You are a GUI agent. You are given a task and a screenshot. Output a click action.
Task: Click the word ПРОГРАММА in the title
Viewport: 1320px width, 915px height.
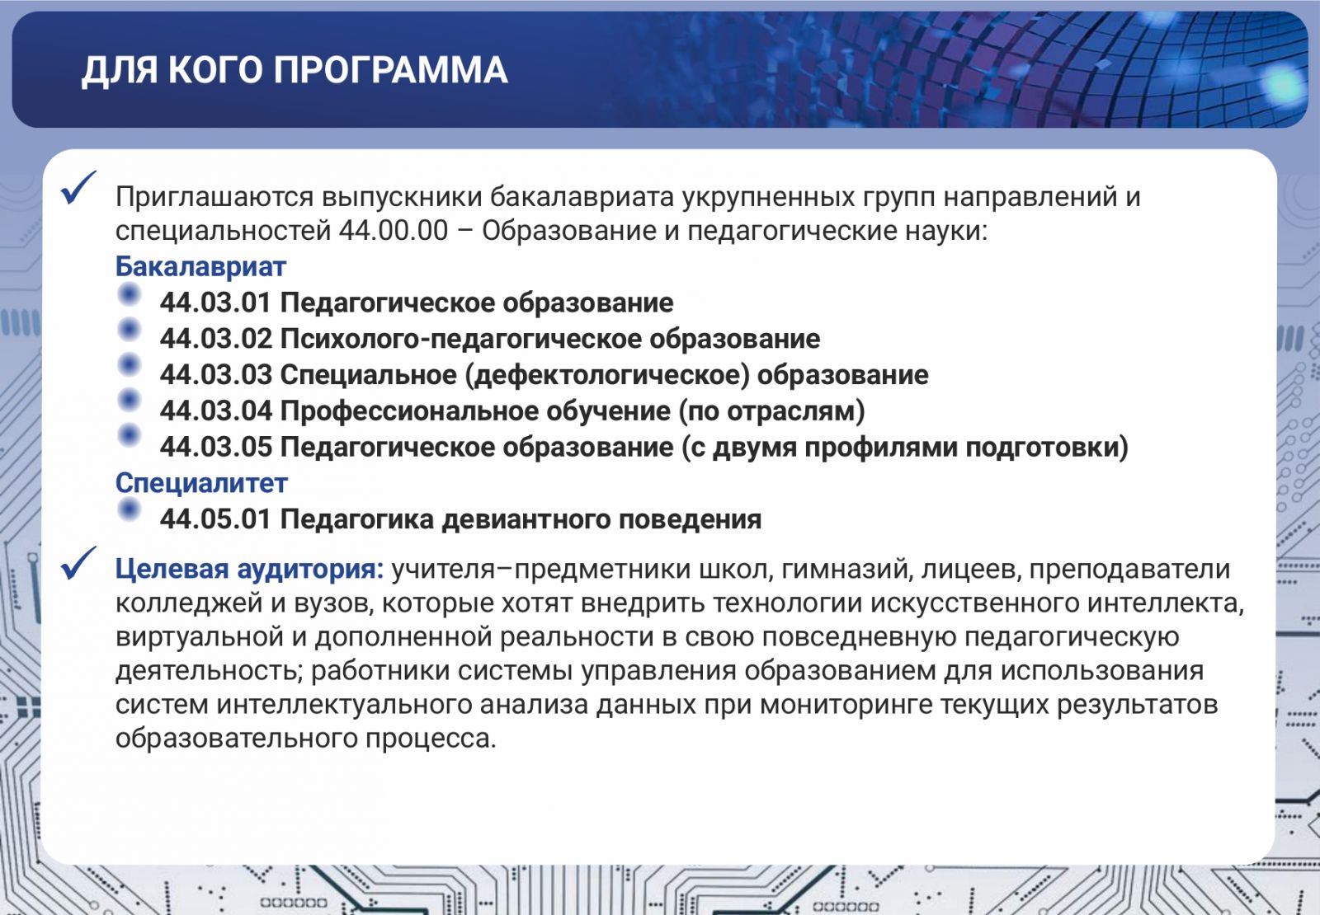tap(391, 70)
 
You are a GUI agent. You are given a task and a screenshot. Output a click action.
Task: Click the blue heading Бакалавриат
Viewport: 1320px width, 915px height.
tap(200, 267)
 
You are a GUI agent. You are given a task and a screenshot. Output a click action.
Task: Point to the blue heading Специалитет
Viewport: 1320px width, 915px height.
tap(201, 483)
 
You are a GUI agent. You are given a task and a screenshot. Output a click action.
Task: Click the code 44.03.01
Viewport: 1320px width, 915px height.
tap(215, 303)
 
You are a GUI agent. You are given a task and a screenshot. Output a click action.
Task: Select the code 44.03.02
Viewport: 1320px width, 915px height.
tap(215, 339)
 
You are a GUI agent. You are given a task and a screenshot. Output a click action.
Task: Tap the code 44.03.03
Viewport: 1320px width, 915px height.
tap(215, 375)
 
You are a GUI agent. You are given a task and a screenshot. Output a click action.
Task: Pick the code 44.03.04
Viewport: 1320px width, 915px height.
tap(215, 411)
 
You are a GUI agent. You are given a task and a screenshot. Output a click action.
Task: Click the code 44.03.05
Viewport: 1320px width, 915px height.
tap(215, 447)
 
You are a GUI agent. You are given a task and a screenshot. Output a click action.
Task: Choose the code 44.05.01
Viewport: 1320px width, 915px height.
tap(215, 519)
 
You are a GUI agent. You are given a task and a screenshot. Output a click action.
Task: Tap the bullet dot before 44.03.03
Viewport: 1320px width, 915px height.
tap(129, 365)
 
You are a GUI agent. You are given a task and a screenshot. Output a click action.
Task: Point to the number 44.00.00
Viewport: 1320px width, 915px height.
tap(393, 231)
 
